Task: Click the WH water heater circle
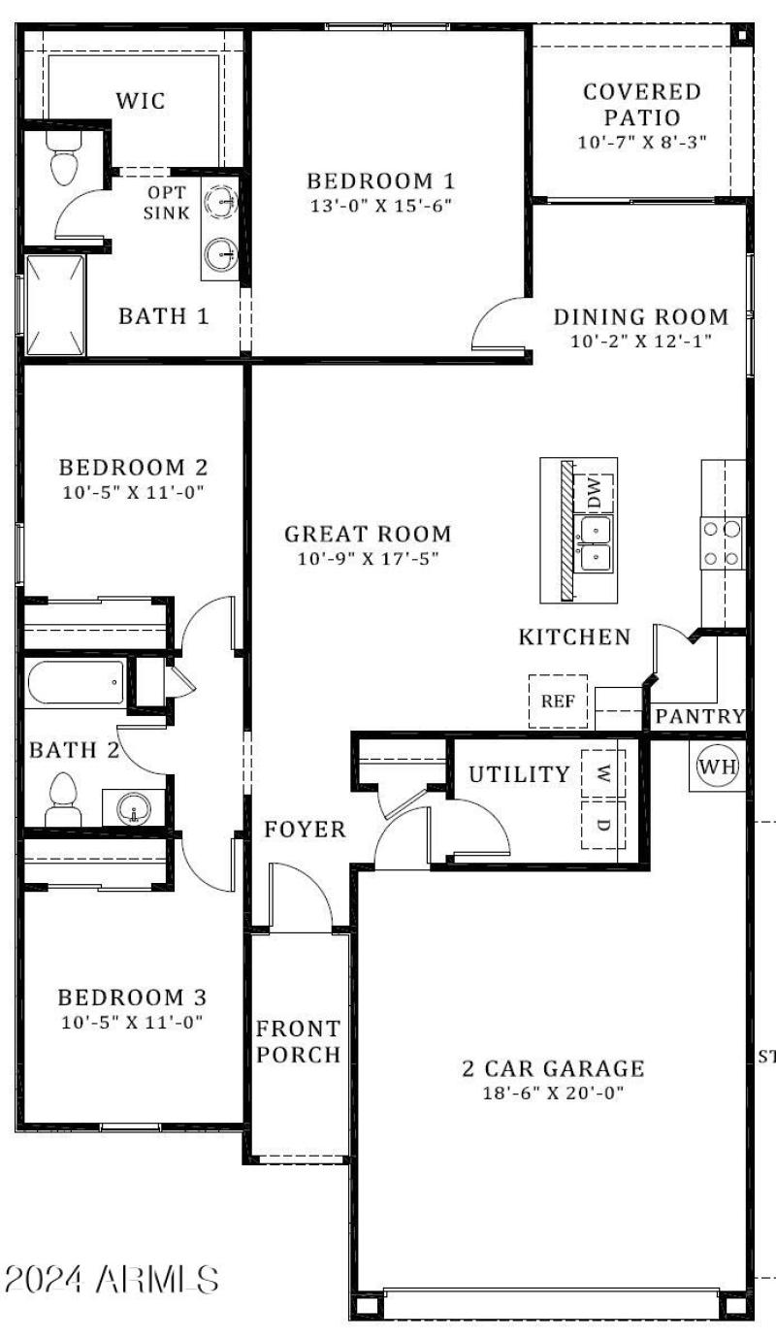point(718,767)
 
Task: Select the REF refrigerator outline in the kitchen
point(558,701)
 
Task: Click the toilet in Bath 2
point(64,800)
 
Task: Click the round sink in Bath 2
point(133,806)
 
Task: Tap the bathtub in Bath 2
point(76,683)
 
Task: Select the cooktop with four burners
point(723,543)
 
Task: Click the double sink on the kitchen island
point(594,543)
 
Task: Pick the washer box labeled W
point(603,773)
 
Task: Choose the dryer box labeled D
point(603,825)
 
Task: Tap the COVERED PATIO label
point(642,105)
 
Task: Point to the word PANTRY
point(699,717)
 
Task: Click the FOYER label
point(306,830)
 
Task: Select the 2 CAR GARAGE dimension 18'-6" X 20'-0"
point(553,1093)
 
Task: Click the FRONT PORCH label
point(298,1041)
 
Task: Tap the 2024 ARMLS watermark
point(112,1279)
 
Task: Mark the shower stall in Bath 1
point(54,305)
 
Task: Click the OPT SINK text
point(167,203)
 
